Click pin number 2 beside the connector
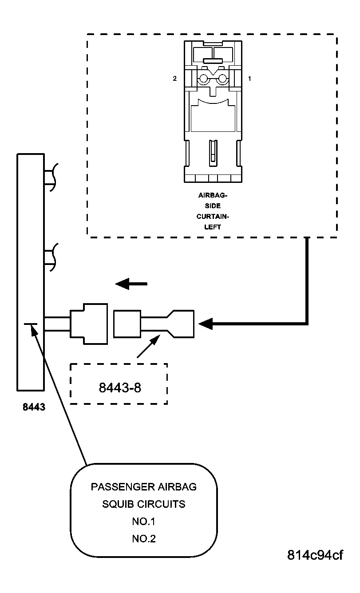tap(175, 79)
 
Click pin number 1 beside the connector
tap(249, 79)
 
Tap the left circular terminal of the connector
tap(203, 79)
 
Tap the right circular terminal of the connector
tap(222, 79)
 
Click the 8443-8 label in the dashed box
tap(119, 387)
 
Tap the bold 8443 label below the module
tap(34, 407)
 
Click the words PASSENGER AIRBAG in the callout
tap(143, 487)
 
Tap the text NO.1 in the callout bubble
tap(143, 522)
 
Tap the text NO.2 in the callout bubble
tap(143, 539)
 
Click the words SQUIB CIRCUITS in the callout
tap(143, 504)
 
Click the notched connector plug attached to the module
tap(89, 324)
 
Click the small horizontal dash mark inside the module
tap(31, 324)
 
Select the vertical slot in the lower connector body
tap(213, 151)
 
